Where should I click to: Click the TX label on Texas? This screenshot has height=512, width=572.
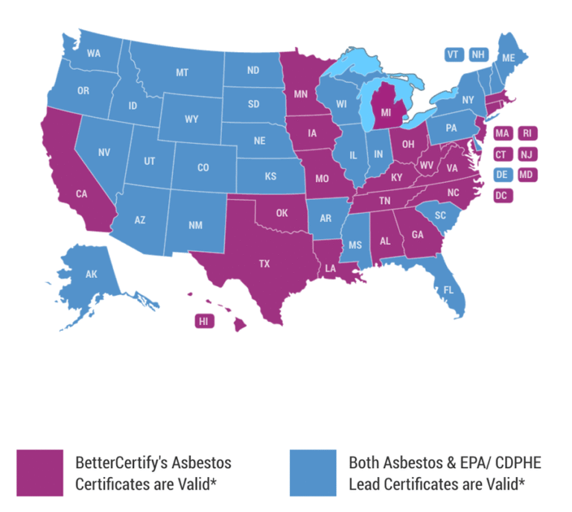point(264,263)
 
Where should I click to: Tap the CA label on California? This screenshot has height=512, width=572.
point(83,194)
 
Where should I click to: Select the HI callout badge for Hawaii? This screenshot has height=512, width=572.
point(203,321)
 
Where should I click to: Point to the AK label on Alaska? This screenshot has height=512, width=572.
point(92,274)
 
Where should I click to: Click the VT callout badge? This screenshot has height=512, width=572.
point(454,54)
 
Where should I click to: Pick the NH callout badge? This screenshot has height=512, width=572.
point(477,54)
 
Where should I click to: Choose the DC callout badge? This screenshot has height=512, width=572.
point(502,196)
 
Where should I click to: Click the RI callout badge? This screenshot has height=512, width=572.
point(527,133)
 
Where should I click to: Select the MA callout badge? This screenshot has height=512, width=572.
point(502,133)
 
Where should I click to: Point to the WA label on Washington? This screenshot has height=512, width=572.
point(94,54)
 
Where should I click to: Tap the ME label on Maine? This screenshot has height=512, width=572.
point(509,58)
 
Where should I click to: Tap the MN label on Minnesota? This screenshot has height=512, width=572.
point(301,95)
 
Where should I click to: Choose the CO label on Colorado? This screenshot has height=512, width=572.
point(203,168)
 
